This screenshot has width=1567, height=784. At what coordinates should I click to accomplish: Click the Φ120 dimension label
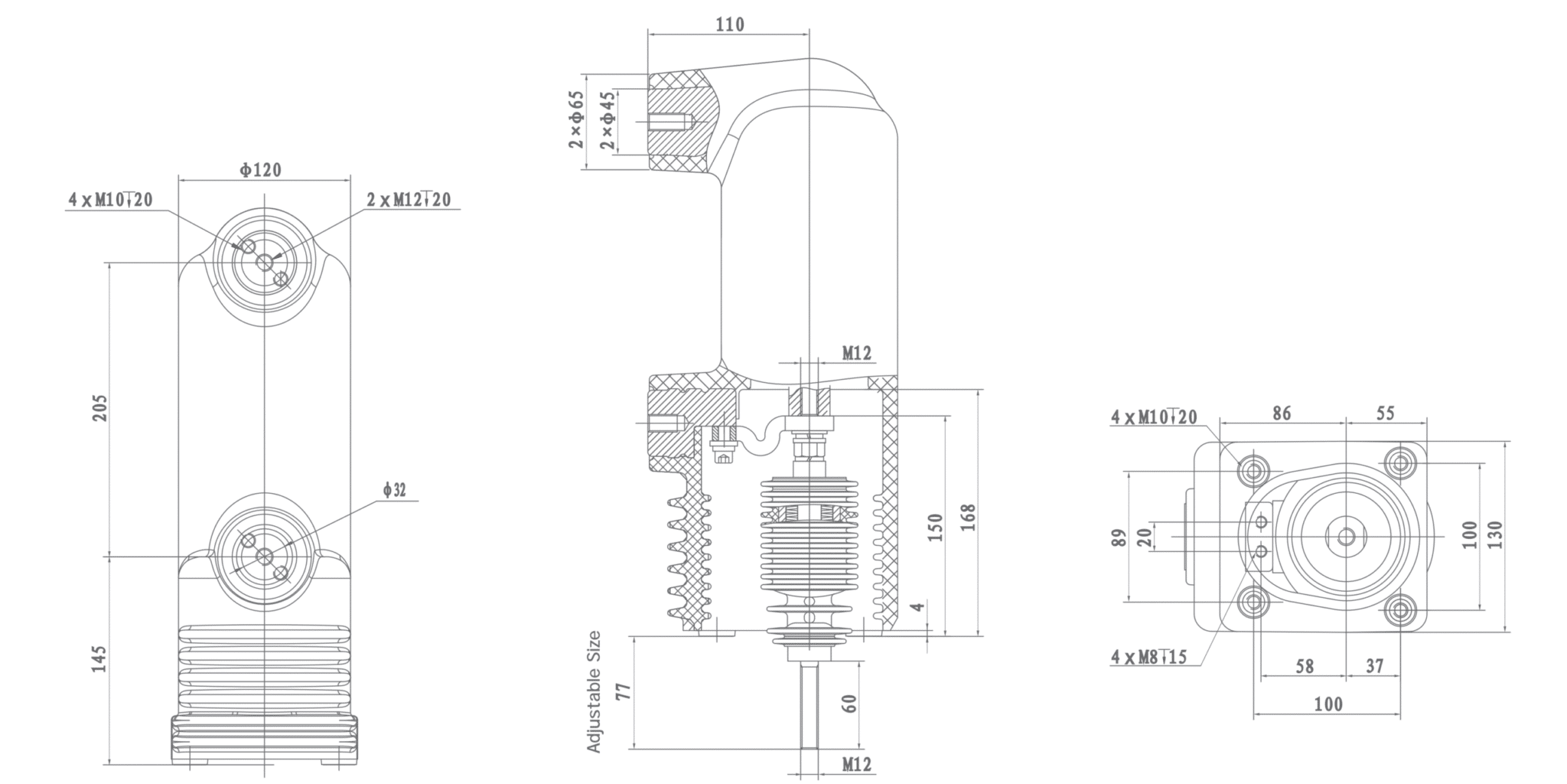[x=261, y=170]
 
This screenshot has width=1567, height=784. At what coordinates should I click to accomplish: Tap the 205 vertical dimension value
[x=100, y=407]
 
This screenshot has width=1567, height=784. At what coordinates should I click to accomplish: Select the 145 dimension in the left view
[x=100, y=659]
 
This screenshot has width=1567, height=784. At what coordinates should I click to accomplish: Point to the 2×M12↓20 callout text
[x=409, y=201]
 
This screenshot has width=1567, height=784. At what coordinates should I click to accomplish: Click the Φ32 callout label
[x=395, y=490]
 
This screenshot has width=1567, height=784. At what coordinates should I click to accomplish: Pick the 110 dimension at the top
[x=729, y=24]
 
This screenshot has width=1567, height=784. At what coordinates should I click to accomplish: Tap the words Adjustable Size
[x=595, y=691]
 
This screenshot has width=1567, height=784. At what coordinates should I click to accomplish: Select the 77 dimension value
[x=624, y=691]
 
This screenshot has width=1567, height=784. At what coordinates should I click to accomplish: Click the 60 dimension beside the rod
[x=849, y=704]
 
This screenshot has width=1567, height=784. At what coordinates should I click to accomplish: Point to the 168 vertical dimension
[x=968, y=518]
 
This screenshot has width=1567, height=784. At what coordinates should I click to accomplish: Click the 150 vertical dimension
[x=935, y=527]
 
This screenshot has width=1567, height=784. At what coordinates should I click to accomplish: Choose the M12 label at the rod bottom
[x=856, y=764]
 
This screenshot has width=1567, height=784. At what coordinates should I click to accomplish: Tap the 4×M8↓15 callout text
[x=1148, y=657]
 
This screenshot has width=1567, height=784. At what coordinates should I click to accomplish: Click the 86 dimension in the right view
[x=1282, y=413]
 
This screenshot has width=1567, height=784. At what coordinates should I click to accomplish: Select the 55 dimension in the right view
[x=1385, y=413]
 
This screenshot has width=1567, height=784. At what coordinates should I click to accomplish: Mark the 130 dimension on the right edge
[x=1496, y=534]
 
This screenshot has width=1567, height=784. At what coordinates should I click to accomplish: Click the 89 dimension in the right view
[x=1118, y=537]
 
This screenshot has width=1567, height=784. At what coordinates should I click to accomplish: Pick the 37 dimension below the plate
[x=1374, y=666]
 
